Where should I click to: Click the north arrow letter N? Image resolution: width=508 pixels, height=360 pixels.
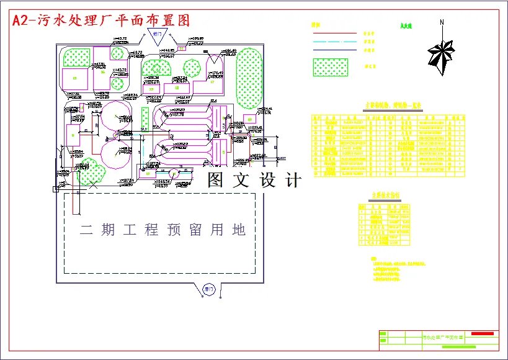pos(442,23)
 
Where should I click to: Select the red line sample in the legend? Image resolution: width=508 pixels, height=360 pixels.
pos(334,32)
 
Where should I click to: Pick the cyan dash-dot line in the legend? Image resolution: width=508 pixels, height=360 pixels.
pos(334,41)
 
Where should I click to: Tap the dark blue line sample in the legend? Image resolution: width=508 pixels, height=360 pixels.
pos(334,50)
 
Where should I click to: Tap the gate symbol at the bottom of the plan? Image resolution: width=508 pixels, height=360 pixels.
pos(209,289)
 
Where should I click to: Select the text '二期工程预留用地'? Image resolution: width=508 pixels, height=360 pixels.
pos(163,230)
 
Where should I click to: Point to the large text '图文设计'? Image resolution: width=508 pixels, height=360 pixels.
pos(254,181)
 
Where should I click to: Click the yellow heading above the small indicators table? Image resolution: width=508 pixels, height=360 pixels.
pos(385,195)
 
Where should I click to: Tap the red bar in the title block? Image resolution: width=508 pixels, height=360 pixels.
pos(483,334)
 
